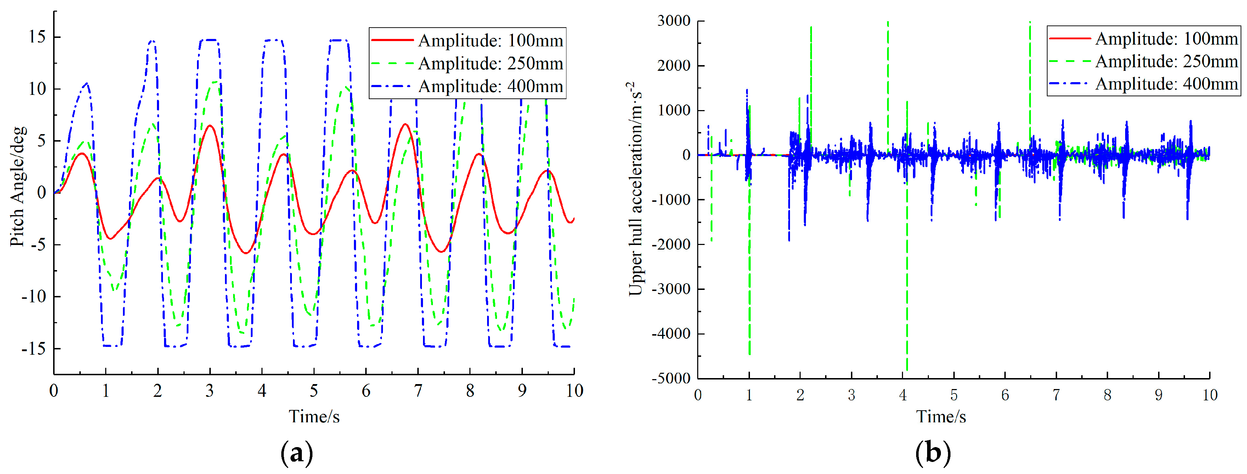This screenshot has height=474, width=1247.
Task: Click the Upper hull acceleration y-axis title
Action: pyautogui.click(x=636, y=189)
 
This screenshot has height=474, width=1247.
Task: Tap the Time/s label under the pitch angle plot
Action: pyautogui.click(x=314, y=416)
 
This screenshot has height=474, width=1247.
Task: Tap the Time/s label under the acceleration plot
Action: pyautogui.click(x=941, y=416)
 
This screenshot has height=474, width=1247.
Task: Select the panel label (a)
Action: pyautogui.click(x=297, y=453)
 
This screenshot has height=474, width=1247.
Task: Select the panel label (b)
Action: pyautogui.click(x=933, y=453)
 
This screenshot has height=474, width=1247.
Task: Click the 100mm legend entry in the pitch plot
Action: pyautogui.click(x=490, y=41)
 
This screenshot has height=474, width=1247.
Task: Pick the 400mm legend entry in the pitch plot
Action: pyautogui.click(x=490, y=87)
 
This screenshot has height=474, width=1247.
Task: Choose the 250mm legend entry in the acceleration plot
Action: pyautogui.click(x=1166, y=62)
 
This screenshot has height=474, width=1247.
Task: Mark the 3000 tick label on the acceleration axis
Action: pyautogui.click(x=674, y=21)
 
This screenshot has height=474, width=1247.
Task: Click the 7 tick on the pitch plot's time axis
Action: pyautogui.click(x=418, y=391)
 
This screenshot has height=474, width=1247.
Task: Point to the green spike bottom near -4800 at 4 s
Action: pyautogui.click(x=907, y=370)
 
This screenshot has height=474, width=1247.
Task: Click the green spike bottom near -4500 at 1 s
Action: pyautogui.click(x=749, y=354)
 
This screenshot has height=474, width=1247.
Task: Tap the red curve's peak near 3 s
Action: pyautogui.click(x=210, y=125)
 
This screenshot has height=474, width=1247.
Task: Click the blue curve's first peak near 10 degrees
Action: pyautogui.click(x=86, y=83)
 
